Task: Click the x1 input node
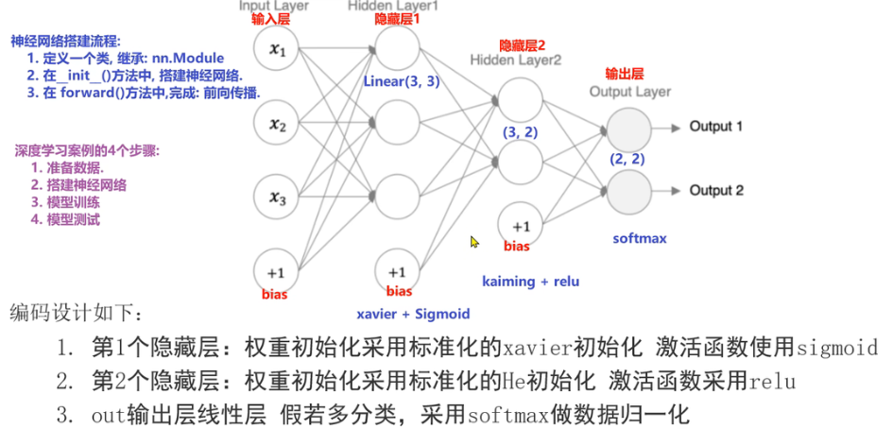click(x=278, y=48)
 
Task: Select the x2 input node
click(x=278, y=123)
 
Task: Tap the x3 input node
click(x=278, y=197)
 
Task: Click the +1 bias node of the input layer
click(x=278, y=271)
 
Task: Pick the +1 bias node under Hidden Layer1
click(x=398, y=270)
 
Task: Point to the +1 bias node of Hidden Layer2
click(x=521, y=226)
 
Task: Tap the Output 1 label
click(x=715, y=126)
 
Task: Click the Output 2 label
click(x=715, y=191)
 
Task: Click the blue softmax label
click(x=640, y=238)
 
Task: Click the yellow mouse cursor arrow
click(x=474, y=242)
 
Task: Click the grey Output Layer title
click(x=629, y=92)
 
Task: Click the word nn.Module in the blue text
click(x=188, y=58)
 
